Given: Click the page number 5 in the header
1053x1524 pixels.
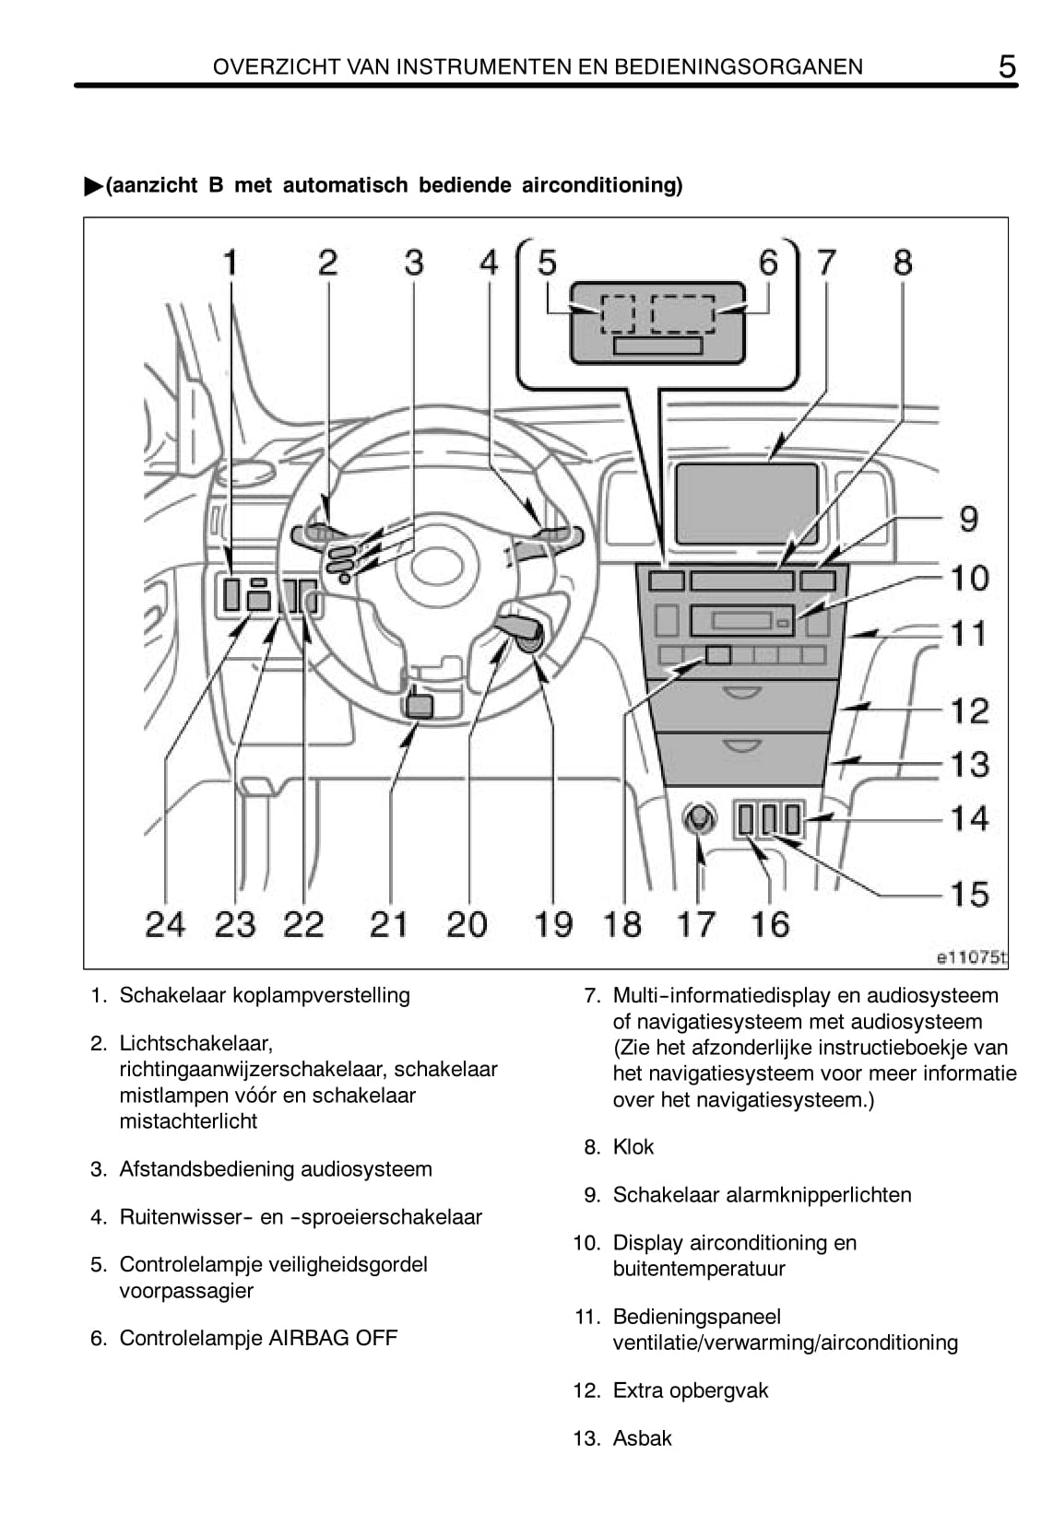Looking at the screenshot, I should click(x=1007, y=66).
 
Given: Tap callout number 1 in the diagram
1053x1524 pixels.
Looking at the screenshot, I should click(x=231, y=263).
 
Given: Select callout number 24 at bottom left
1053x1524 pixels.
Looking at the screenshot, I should click(x=165, y=923).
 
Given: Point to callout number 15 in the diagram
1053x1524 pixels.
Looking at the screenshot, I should click(x=969, y=894).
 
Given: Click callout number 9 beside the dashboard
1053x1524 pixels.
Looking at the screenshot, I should click(x=968, y=519).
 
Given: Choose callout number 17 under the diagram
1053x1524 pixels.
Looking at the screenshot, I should click(x=696, y=923).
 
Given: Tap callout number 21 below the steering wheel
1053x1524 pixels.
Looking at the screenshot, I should click(x=388, y=923).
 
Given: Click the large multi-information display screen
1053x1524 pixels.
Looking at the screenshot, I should click(x=747, y=504).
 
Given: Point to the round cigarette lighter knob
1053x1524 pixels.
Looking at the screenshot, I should click(x=699, y=817).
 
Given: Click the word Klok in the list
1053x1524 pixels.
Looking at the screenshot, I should click(x=633, y=1147).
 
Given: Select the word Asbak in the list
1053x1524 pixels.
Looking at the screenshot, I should click(x=643, y=1438).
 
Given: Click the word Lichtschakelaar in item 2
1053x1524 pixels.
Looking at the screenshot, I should click(x=195, y=1044).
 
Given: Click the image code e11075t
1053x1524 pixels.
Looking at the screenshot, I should click(x=971, y=958).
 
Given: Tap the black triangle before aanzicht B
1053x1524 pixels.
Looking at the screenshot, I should click(x=93, y=186).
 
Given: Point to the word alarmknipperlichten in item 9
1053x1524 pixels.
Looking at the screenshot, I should click(x=818, y=1195).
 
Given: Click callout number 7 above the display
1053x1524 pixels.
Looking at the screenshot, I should click(x=826, y=263).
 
